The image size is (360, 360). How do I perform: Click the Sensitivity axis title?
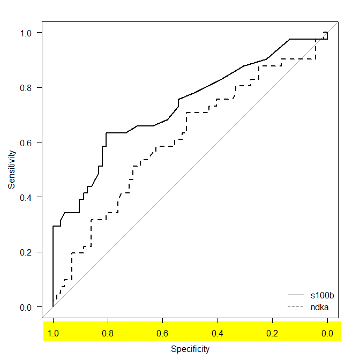pos(11,169)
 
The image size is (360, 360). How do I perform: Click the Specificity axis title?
pos(190,349)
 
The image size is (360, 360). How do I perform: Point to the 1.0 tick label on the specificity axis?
pos(54,333)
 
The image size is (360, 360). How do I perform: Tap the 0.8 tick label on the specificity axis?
pos(108,333)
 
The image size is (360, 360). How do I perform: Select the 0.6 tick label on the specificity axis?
pos(163,333)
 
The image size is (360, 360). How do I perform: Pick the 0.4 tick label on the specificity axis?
pos(217,333)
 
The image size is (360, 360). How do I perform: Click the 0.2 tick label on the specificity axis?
pos(272,333)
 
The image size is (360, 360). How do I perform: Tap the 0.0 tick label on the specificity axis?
pos(327,333)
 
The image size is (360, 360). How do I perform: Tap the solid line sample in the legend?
pos(296,295)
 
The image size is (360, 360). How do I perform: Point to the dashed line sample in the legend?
pos(296,306)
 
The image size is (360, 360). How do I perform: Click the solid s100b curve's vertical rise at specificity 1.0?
pos(53,268)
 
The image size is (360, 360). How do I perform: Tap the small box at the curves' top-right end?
pos(326,35)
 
